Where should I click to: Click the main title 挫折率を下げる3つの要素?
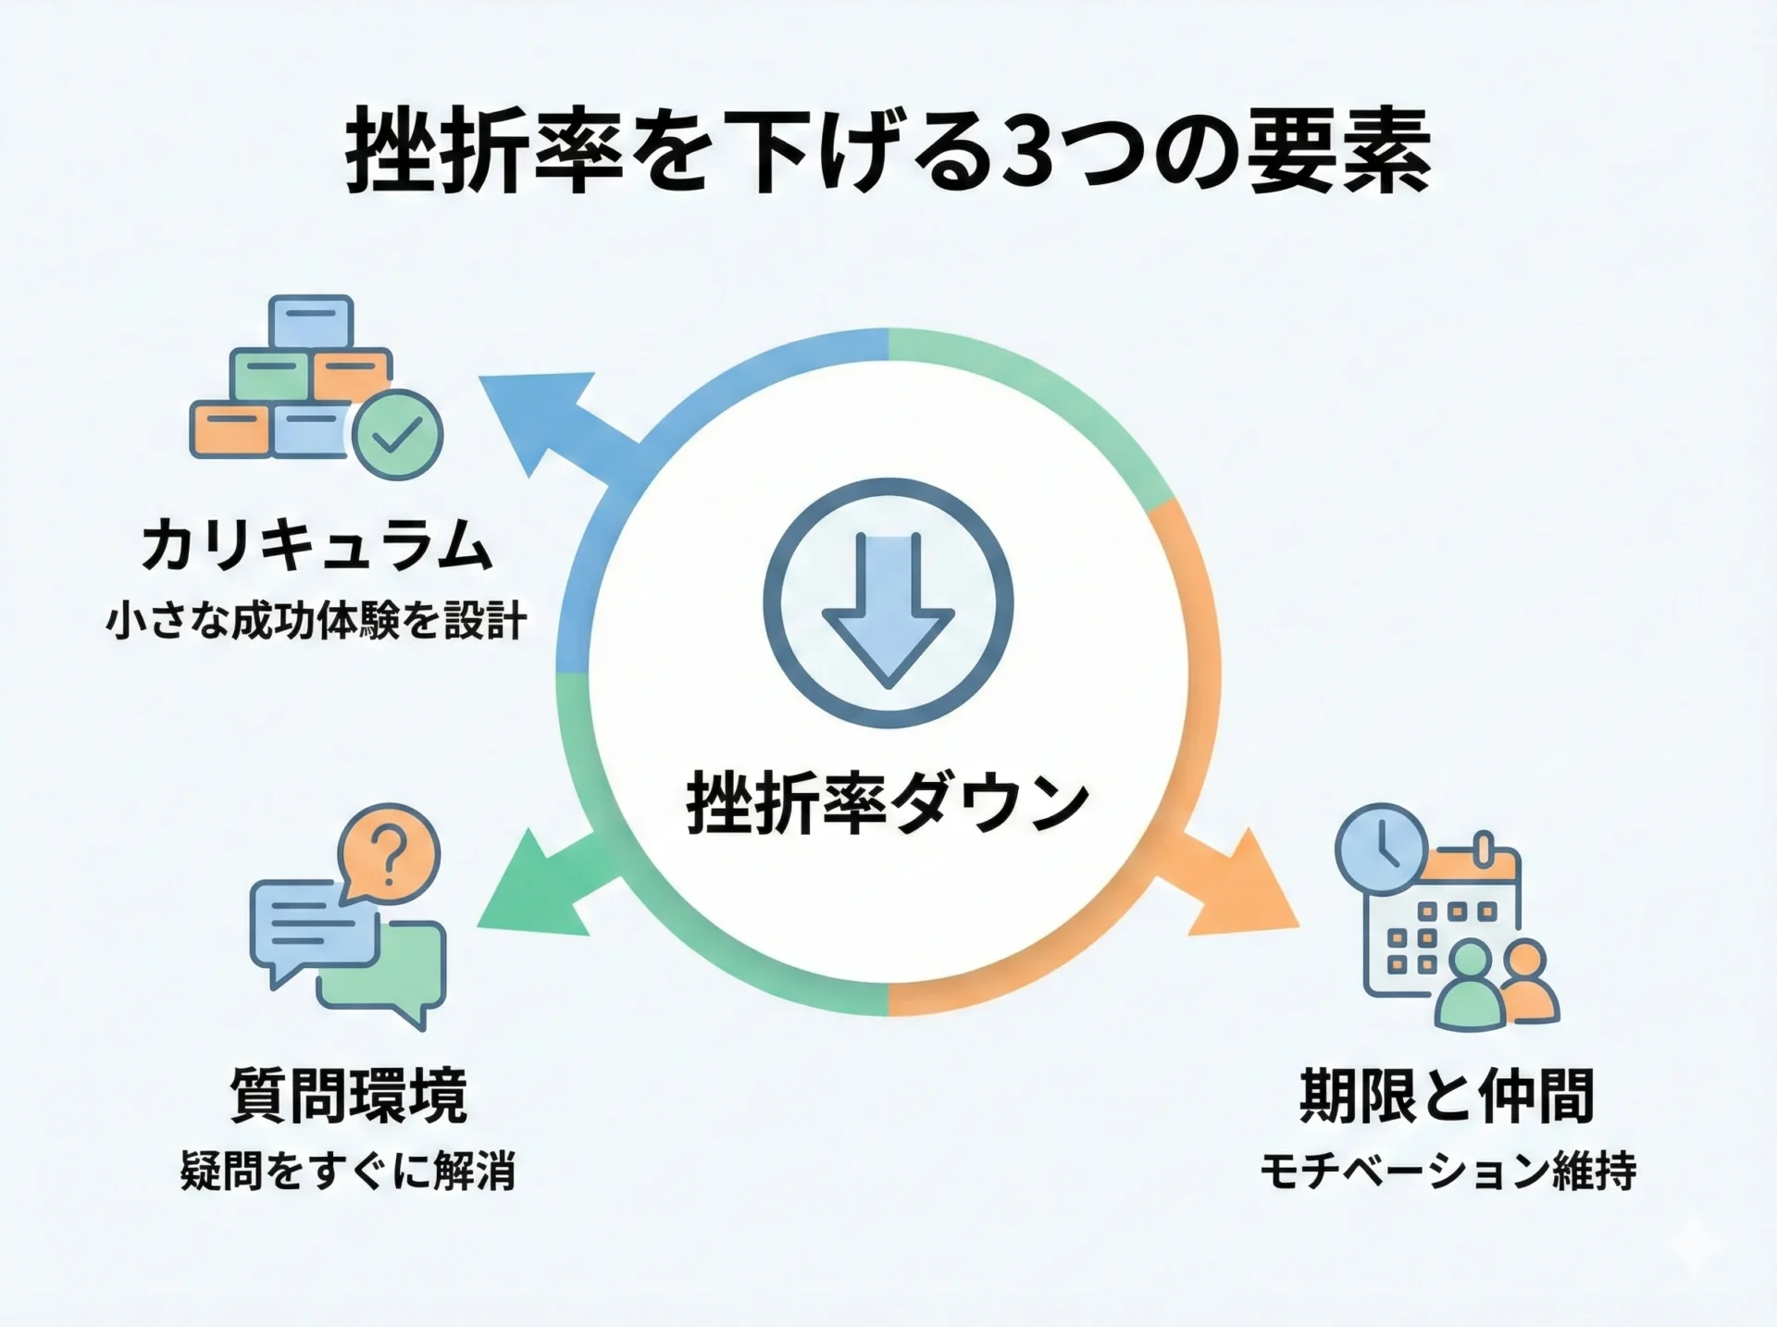pos(888,152)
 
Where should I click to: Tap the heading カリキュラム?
pos(317,546)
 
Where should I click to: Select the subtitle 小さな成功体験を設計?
pos(317,620)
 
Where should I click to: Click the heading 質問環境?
pos(348,1095)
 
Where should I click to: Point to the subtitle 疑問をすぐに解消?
pos(348,1172)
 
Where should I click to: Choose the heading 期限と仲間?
pos(1447,1095)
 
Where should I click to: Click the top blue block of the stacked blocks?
pos(311,320)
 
